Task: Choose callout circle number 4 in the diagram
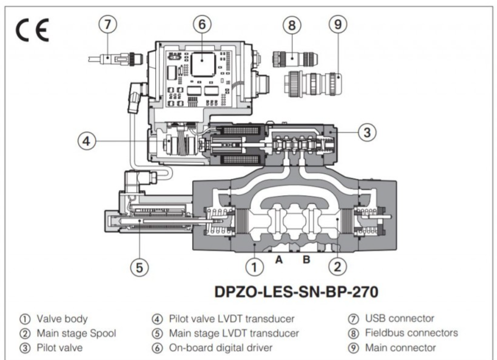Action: (x=86, y=142)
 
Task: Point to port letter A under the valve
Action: (x=279, y=259)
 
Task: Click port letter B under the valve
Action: (x=306, y=259)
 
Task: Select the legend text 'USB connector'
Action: (x=399, y=319)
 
